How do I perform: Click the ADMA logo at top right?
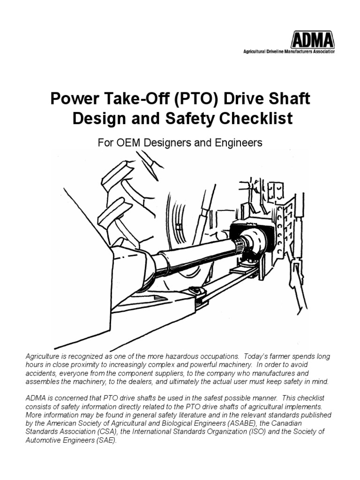(x=307, y=39)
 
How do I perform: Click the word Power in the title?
(x=71, y=99)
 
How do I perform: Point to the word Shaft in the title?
(x=288, y=99)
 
